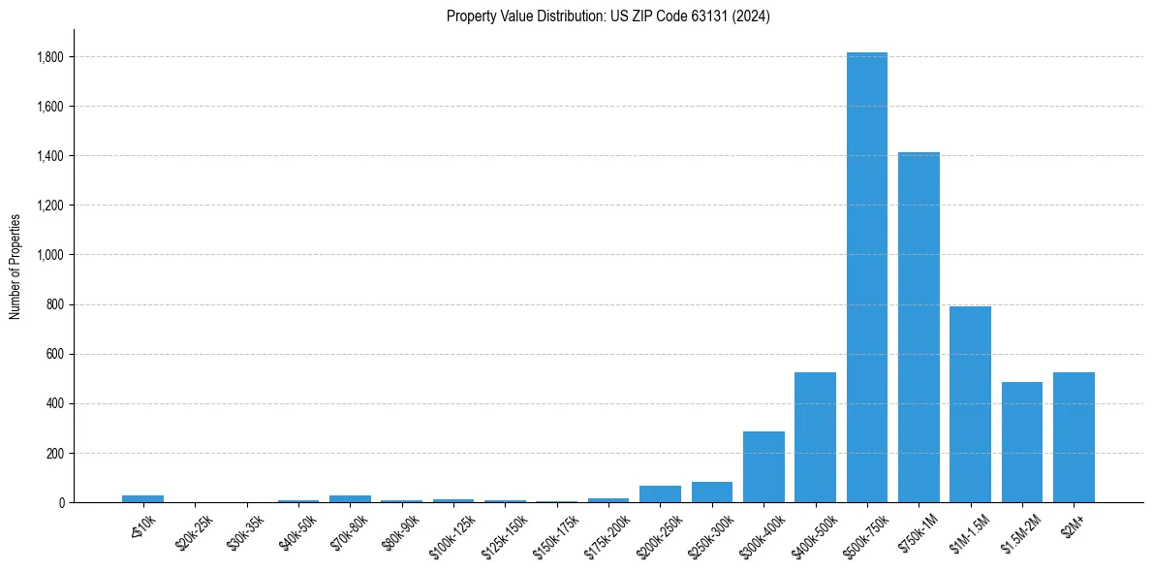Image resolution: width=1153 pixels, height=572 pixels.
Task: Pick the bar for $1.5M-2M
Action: tap(1022, 442)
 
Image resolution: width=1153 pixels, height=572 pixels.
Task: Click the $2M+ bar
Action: tap(1074, 437)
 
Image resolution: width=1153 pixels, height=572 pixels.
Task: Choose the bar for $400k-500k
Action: tap(815, 437)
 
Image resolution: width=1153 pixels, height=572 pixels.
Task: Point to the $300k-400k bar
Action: tap(763, 466)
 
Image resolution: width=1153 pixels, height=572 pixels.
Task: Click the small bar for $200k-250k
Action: tap(660, 493)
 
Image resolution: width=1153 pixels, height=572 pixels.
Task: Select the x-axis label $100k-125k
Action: tap(452, 533)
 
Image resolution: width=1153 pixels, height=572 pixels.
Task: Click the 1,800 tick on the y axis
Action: tap(50, 57)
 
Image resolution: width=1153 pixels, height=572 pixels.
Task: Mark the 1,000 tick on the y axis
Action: tap(50, 255)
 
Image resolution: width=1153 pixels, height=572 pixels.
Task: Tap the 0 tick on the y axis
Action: tap(62, 502)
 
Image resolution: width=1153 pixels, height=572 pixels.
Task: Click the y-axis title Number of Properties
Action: tap(15, 266)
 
